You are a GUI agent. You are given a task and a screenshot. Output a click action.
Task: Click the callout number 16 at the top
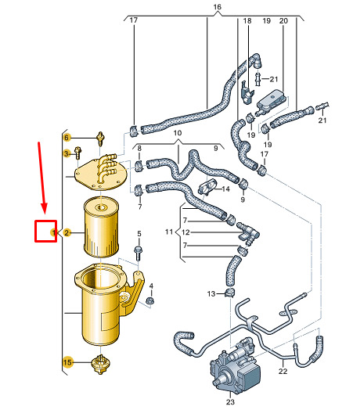(x=217, y=7)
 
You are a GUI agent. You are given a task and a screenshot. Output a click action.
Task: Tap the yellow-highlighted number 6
(x=67, y=138)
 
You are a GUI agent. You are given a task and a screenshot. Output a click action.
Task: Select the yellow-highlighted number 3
(x=67, y=153)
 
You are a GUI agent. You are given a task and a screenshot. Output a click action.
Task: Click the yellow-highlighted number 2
(x=67, y=233)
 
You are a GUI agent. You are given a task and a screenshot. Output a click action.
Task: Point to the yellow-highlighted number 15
(x=67, y=362)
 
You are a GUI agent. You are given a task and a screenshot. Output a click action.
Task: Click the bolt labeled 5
(x=139, y=253)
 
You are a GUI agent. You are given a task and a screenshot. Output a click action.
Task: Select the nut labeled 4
(x=150, y=301)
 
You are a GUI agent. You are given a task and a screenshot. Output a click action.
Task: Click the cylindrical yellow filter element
(x=101, y=227)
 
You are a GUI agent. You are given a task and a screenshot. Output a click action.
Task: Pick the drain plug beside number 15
(x=101, y=365)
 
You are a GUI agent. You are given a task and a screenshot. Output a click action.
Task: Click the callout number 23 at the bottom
(x=230, y=402)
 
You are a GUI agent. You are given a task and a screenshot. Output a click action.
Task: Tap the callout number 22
(x=283, y=371)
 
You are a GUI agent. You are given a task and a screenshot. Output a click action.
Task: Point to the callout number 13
(x=211, y=294)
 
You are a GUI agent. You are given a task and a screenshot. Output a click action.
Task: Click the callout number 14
(x=225, y=189)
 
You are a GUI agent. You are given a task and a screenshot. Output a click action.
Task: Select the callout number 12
(x=185, y=232)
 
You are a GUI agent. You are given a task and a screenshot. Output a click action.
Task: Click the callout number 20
(x=283, y=21)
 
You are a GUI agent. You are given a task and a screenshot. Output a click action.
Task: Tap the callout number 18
(x=247, y=21)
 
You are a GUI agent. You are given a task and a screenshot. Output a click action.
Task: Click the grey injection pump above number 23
(x=236, y=365)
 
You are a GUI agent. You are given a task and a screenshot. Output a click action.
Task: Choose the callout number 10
(x=178, y=133)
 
